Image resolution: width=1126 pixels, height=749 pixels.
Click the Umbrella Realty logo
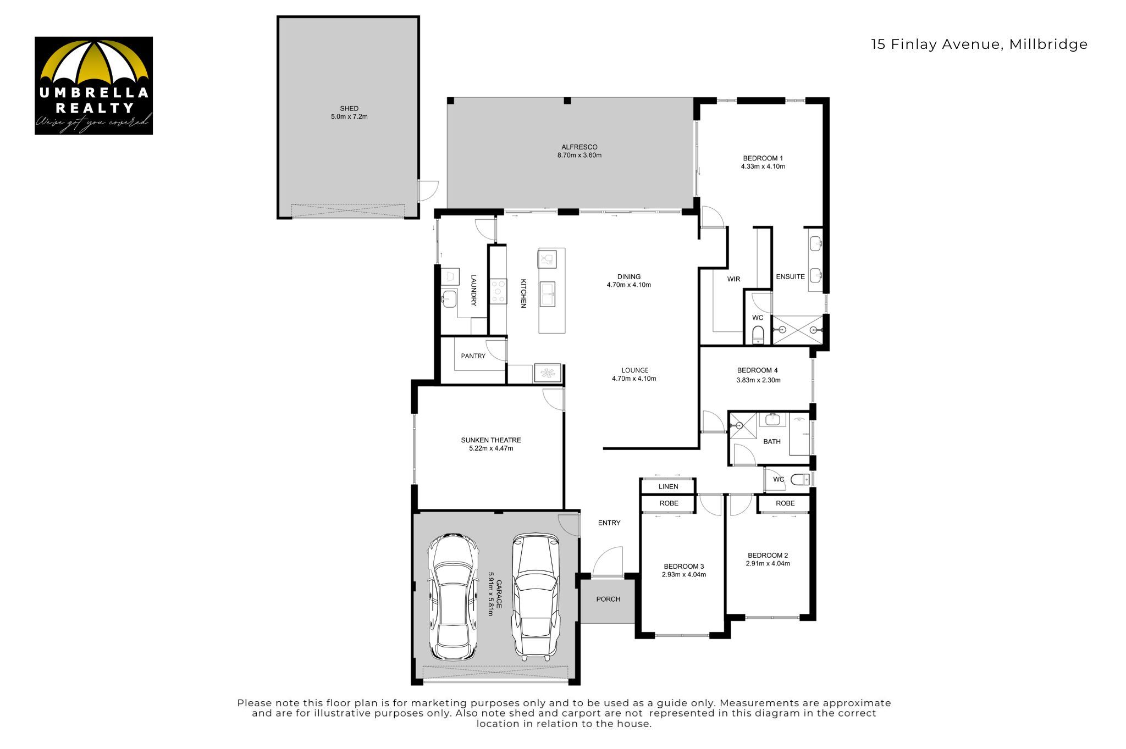point(93,86)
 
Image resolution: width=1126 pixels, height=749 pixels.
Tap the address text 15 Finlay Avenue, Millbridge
point(979,45)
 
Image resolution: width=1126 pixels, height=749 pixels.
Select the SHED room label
point(349,109)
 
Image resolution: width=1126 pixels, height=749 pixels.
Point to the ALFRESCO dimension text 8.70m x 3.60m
point(579,156)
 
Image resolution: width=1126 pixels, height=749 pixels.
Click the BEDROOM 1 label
point(763,158)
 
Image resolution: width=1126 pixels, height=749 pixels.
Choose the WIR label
point(734,279)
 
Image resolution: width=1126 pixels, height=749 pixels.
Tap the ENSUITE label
point(790,277)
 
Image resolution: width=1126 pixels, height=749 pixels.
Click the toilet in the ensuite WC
point(758,334)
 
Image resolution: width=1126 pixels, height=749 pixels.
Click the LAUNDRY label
point(473,290)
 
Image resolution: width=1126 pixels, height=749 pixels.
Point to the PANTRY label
point(473,356)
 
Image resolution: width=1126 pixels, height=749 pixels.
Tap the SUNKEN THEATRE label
point(491,440)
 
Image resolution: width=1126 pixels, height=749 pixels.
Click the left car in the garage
point(453,596)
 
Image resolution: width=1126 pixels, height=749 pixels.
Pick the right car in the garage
point(537,597)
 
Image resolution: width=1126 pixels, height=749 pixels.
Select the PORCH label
point(608,599)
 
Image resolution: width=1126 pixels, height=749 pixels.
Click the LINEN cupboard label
point(669,486)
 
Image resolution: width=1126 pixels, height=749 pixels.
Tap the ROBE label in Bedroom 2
point(785,503)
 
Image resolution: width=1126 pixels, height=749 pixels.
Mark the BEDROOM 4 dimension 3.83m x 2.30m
point(758,380)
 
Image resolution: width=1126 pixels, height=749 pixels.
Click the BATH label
point(772,441)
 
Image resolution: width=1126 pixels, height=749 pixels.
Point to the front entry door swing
point(608,561)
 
